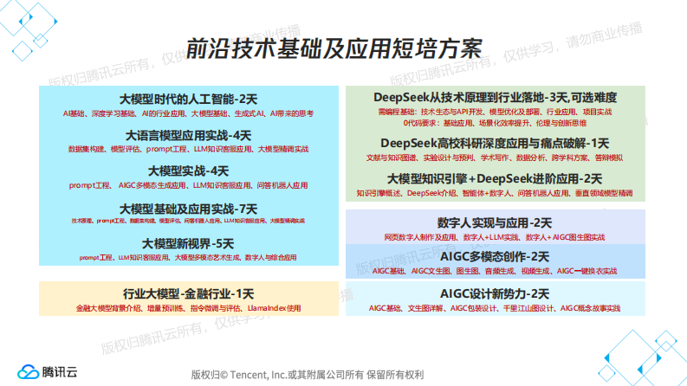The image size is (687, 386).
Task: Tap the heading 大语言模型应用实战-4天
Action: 188,135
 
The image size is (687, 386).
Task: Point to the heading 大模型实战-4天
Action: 188,171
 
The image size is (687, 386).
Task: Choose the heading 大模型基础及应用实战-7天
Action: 188,209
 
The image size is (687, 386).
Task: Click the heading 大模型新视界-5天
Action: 188,243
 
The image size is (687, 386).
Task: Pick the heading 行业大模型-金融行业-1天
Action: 188,293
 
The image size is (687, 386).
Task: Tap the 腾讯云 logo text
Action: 60,370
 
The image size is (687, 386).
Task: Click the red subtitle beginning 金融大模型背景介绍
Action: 188,307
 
